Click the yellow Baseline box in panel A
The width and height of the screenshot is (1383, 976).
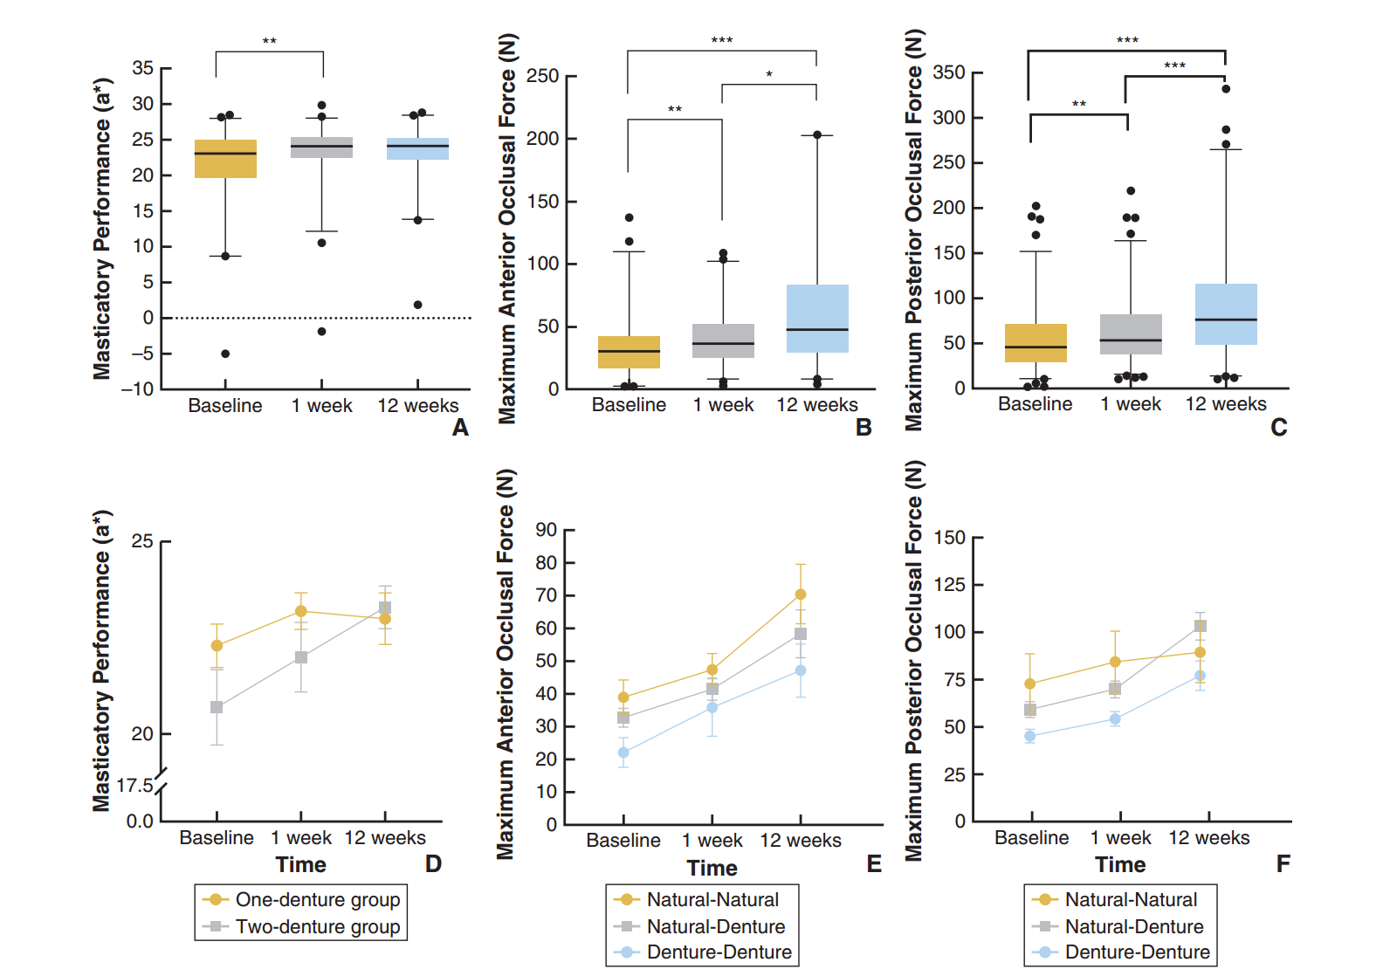[x=225, y=159]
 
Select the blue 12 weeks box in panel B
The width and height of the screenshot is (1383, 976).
[x=817, y=319]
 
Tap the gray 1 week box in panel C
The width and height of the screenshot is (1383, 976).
[x=1131, y=334]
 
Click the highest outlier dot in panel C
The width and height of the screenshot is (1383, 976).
[x=1226, y=89]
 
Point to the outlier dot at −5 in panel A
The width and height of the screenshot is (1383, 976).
[x=225, y=354]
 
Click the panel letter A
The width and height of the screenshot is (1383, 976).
[x=460, y=428]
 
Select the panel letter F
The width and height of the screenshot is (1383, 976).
[x=1283, y=864]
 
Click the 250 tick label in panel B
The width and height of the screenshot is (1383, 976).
[x=542, y=76]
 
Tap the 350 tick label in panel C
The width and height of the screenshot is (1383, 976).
[x=948, y=72]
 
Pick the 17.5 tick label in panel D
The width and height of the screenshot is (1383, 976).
[x=135, y=786]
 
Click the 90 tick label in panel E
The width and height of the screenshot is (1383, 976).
[x=547, y=530]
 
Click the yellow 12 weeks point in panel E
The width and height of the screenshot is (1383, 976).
[x=801, y=595]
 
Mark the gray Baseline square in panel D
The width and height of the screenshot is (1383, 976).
[x=217, y=707]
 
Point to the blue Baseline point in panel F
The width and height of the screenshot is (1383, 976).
[x=1030, y=736]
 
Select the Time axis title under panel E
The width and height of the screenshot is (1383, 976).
[x=712, y=868]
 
